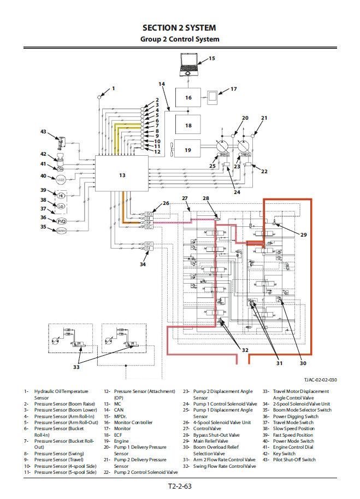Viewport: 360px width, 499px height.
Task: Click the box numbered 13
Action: [x=122, y=175]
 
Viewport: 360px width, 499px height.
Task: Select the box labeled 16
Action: [x=188, y=98]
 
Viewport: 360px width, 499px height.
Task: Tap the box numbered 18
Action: [x=188, y=125]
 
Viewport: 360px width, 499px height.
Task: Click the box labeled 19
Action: [x=188, y=149]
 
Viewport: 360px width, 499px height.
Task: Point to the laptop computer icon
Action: [x=189, y=63]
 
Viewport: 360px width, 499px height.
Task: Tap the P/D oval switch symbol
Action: [x=61, y=221]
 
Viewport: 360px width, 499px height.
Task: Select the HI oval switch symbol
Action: [x=61, y=195]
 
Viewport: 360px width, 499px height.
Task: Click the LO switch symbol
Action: [x=61, y=207]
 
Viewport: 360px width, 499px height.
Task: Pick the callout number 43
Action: [x=44, y=131]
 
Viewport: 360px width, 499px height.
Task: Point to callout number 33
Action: [x=76, y=367]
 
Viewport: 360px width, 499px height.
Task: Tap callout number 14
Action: [x=162, y=84]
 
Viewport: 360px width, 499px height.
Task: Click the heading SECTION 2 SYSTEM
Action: [x=179, y=27]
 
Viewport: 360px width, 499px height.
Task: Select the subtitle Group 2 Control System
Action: [x=179, y=39]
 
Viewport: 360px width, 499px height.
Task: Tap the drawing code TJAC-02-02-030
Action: [x=321, y=380]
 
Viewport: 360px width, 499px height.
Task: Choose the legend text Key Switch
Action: [x=284, y=453]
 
